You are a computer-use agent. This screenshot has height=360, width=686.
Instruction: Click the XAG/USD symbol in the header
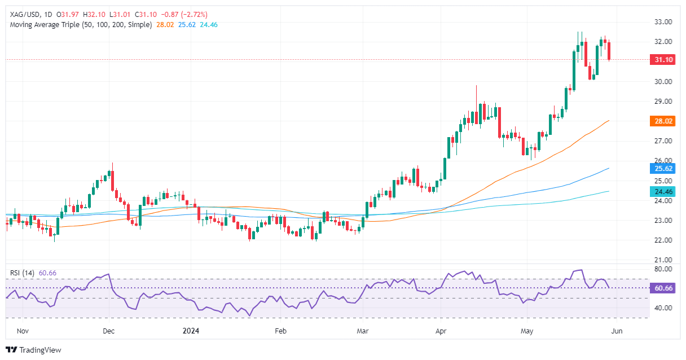tap(25, 14)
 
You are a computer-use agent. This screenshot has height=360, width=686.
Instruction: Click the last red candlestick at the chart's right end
tap(609, 51)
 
